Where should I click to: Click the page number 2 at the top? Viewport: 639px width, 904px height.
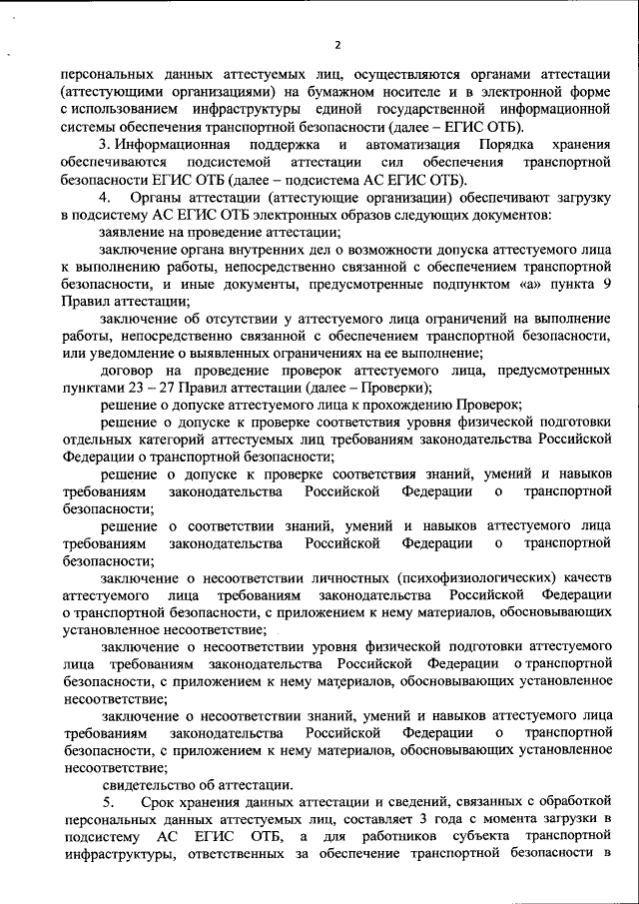coord(337,45)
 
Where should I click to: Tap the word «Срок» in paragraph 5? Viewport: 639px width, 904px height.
coord(162,803)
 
